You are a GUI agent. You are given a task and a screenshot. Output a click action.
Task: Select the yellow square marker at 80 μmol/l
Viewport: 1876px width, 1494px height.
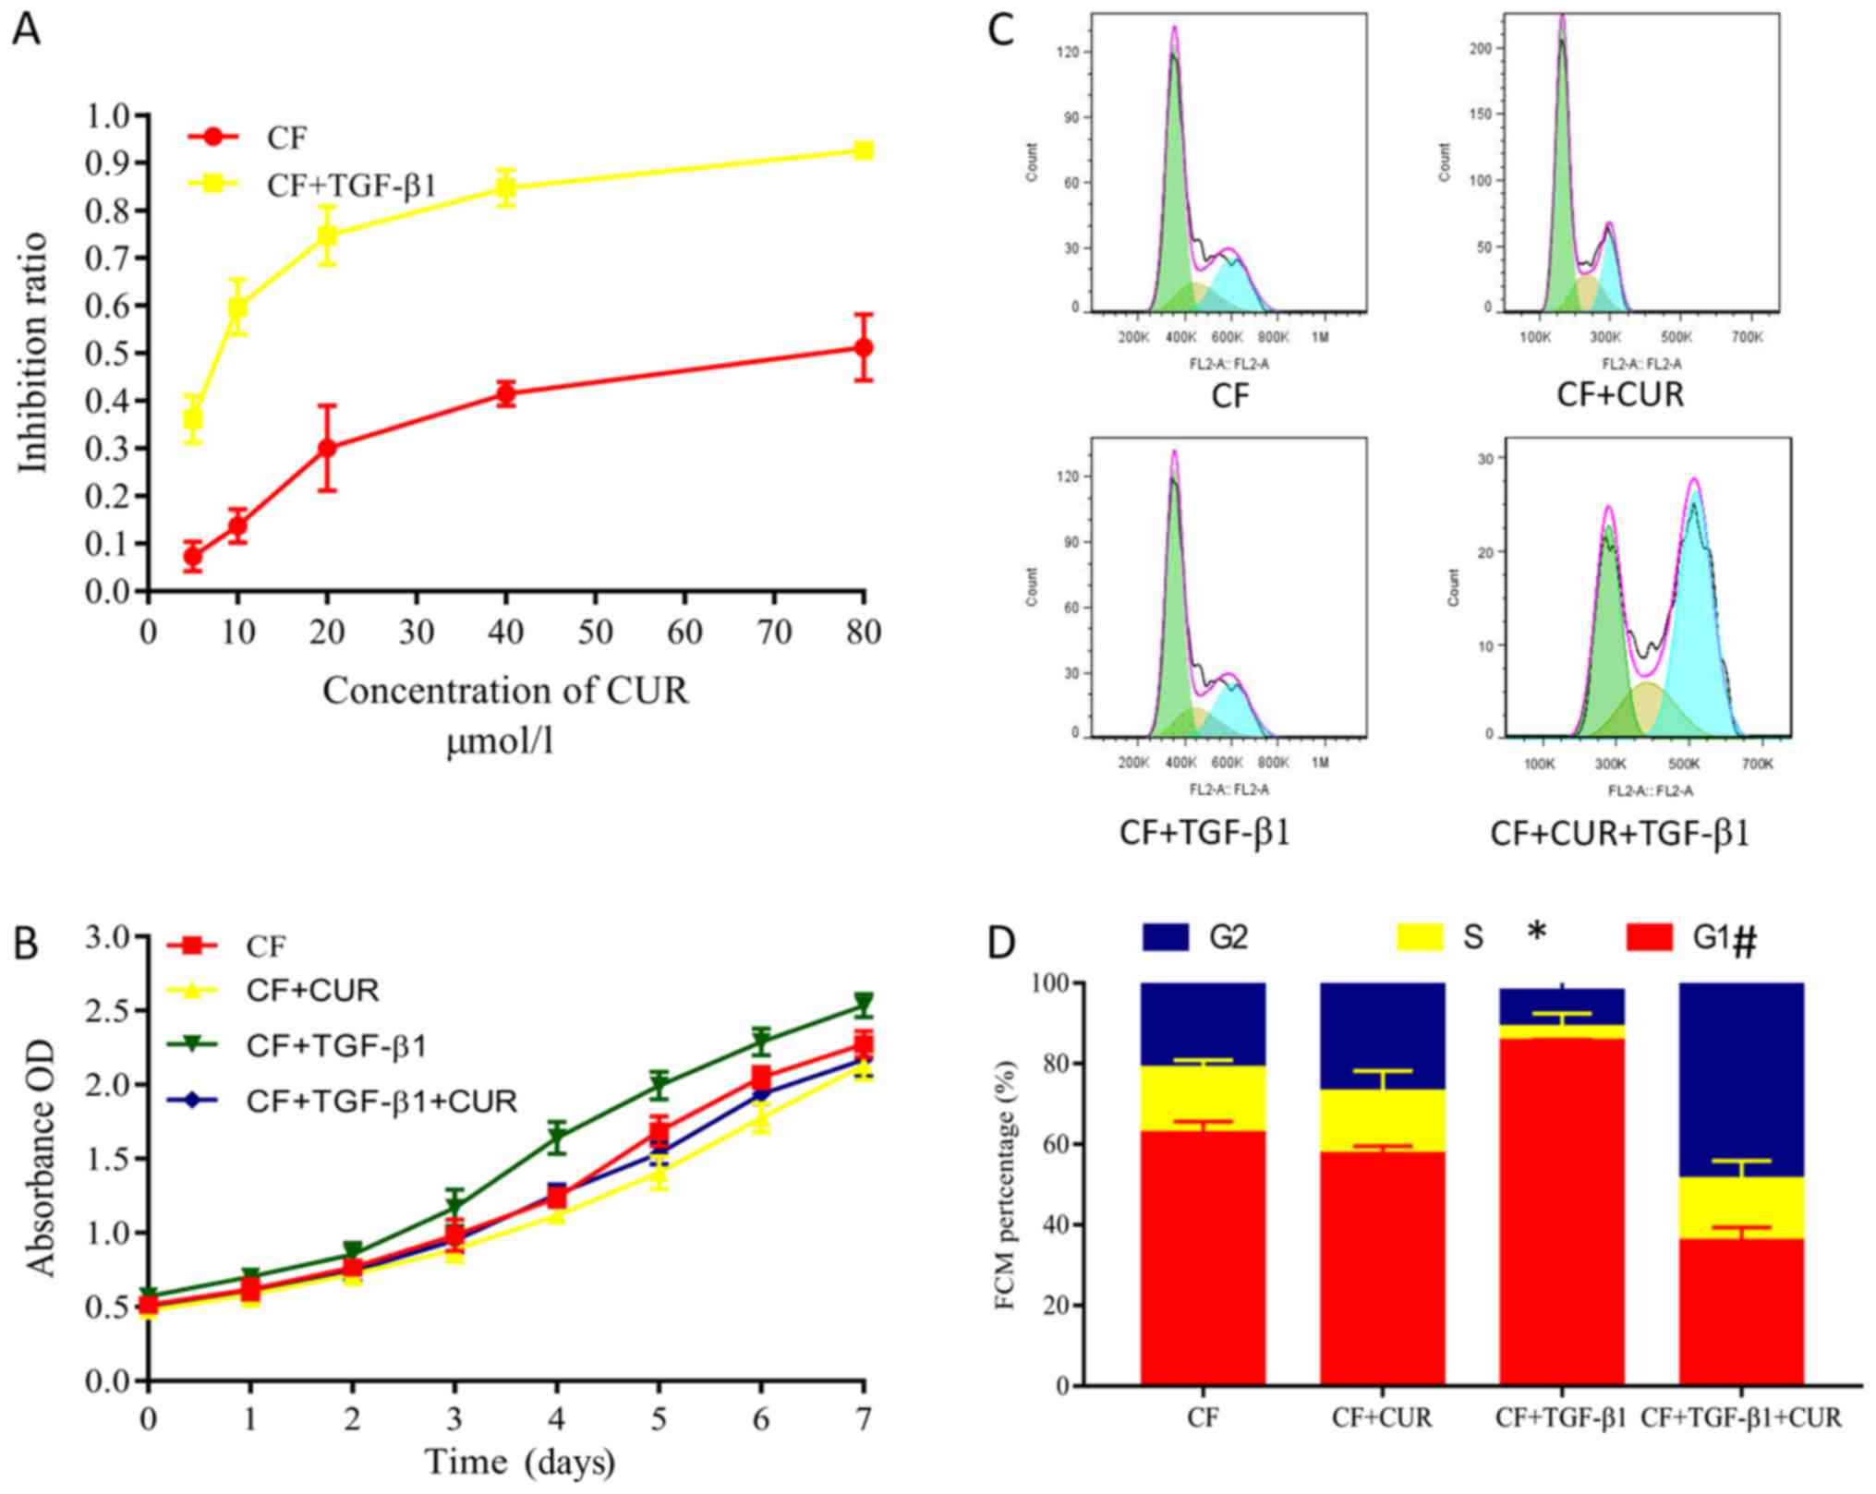[863, 151]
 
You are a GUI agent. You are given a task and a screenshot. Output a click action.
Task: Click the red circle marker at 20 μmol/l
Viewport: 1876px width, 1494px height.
[327, 448]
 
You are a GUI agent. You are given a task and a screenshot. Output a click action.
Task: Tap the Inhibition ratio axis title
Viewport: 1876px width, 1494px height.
[34, 353]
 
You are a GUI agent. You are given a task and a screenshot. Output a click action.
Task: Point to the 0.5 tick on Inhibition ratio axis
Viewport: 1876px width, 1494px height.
[109, 354]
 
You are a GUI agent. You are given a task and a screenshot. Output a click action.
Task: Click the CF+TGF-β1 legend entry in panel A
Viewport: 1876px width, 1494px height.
[351, 186]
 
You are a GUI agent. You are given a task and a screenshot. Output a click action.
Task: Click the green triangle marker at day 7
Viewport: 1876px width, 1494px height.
[863, 1003]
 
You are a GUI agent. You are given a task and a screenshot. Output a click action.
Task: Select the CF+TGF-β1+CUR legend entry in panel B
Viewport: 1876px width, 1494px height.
[381, 1102]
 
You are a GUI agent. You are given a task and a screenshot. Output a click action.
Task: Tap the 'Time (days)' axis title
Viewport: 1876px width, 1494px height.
[519, 1462]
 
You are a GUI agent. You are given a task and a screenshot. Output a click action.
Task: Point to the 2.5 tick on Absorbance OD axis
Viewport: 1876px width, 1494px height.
[109, 1011]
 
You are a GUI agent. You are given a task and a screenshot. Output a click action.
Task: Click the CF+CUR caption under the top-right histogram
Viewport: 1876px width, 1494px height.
[1620, 395]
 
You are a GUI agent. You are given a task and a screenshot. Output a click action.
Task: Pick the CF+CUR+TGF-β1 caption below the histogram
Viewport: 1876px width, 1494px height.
[1619, 834]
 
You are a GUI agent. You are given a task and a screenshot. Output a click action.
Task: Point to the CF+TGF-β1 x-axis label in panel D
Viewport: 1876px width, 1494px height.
[1560, 1417]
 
